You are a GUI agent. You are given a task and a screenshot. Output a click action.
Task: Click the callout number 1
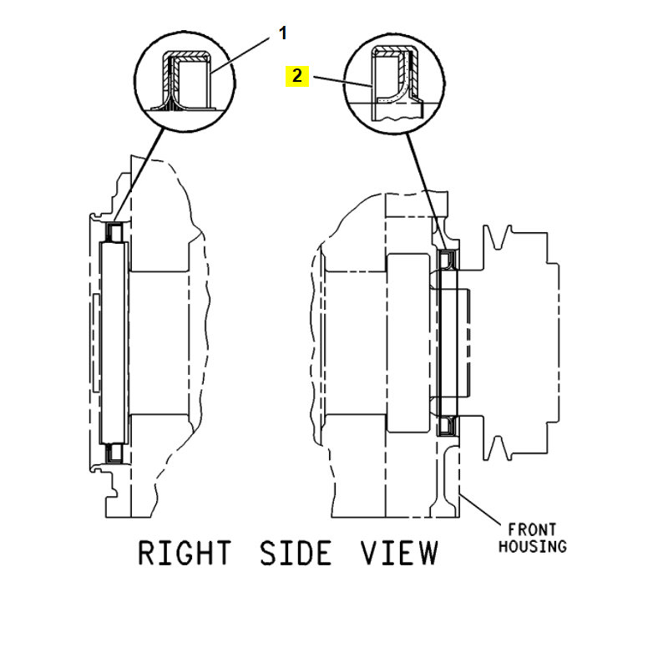point(282,33)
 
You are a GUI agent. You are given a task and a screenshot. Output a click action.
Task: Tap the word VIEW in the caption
point(398,554)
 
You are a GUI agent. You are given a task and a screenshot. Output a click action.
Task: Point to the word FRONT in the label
point(533,529)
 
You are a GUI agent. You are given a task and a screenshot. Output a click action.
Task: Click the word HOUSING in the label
point(533,546)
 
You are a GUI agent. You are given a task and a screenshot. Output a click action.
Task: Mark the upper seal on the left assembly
point(114,230)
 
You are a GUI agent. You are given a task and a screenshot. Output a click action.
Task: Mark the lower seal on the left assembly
point(114,453)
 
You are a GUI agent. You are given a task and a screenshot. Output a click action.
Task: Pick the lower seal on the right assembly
point(447,426)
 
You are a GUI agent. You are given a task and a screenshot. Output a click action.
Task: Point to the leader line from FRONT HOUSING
point(483,511)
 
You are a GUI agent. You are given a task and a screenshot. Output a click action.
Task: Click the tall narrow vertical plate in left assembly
point(114,342)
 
